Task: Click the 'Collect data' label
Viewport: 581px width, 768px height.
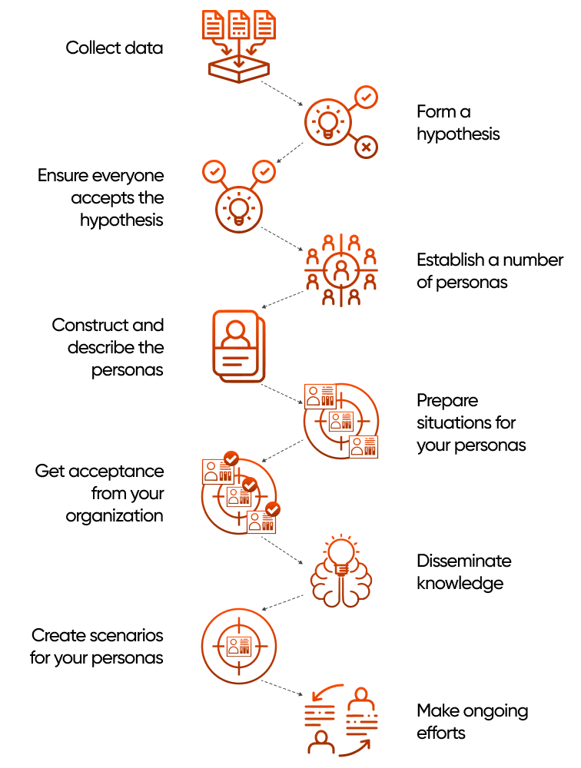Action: [x=114, y=48]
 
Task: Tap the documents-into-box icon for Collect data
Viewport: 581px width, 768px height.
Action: [x=240, y=45]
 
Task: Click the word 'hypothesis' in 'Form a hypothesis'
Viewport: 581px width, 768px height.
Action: [x=458, y=134]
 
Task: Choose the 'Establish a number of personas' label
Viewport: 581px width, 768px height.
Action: [x=490, y=271]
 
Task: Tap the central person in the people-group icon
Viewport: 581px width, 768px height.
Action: [x=341, y=270]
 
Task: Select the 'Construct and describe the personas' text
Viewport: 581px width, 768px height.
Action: [x=108, y=347]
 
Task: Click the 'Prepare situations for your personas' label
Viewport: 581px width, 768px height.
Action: [x=471, y=422]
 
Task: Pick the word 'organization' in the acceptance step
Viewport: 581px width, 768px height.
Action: [x=115, y=515]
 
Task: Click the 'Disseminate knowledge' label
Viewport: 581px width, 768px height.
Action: [x=463, y=571]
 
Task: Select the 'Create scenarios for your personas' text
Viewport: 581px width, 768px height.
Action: [x=97, y=647]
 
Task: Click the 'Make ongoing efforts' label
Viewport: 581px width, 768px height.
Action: [x=472, y=721]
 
